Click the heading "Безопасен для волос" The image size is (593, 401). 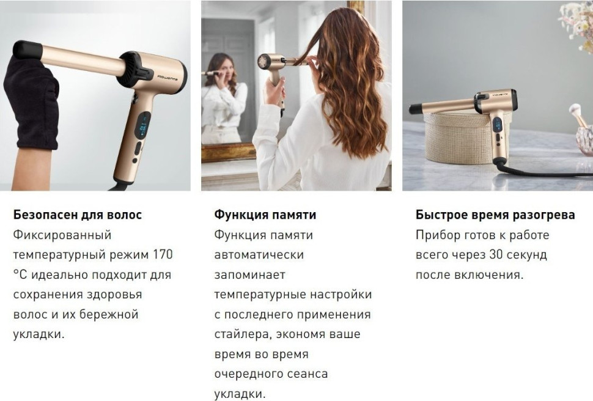[77, 215]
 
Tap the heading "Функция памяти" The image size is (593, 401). [265, 215]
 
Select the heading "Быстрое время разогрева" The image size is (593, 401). [495, 215]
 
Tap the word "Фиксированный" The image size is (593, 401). [62, 235]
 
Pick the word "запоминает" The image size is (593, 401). [249, 274]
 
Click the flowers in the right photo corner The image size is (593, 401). [578, 24]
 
